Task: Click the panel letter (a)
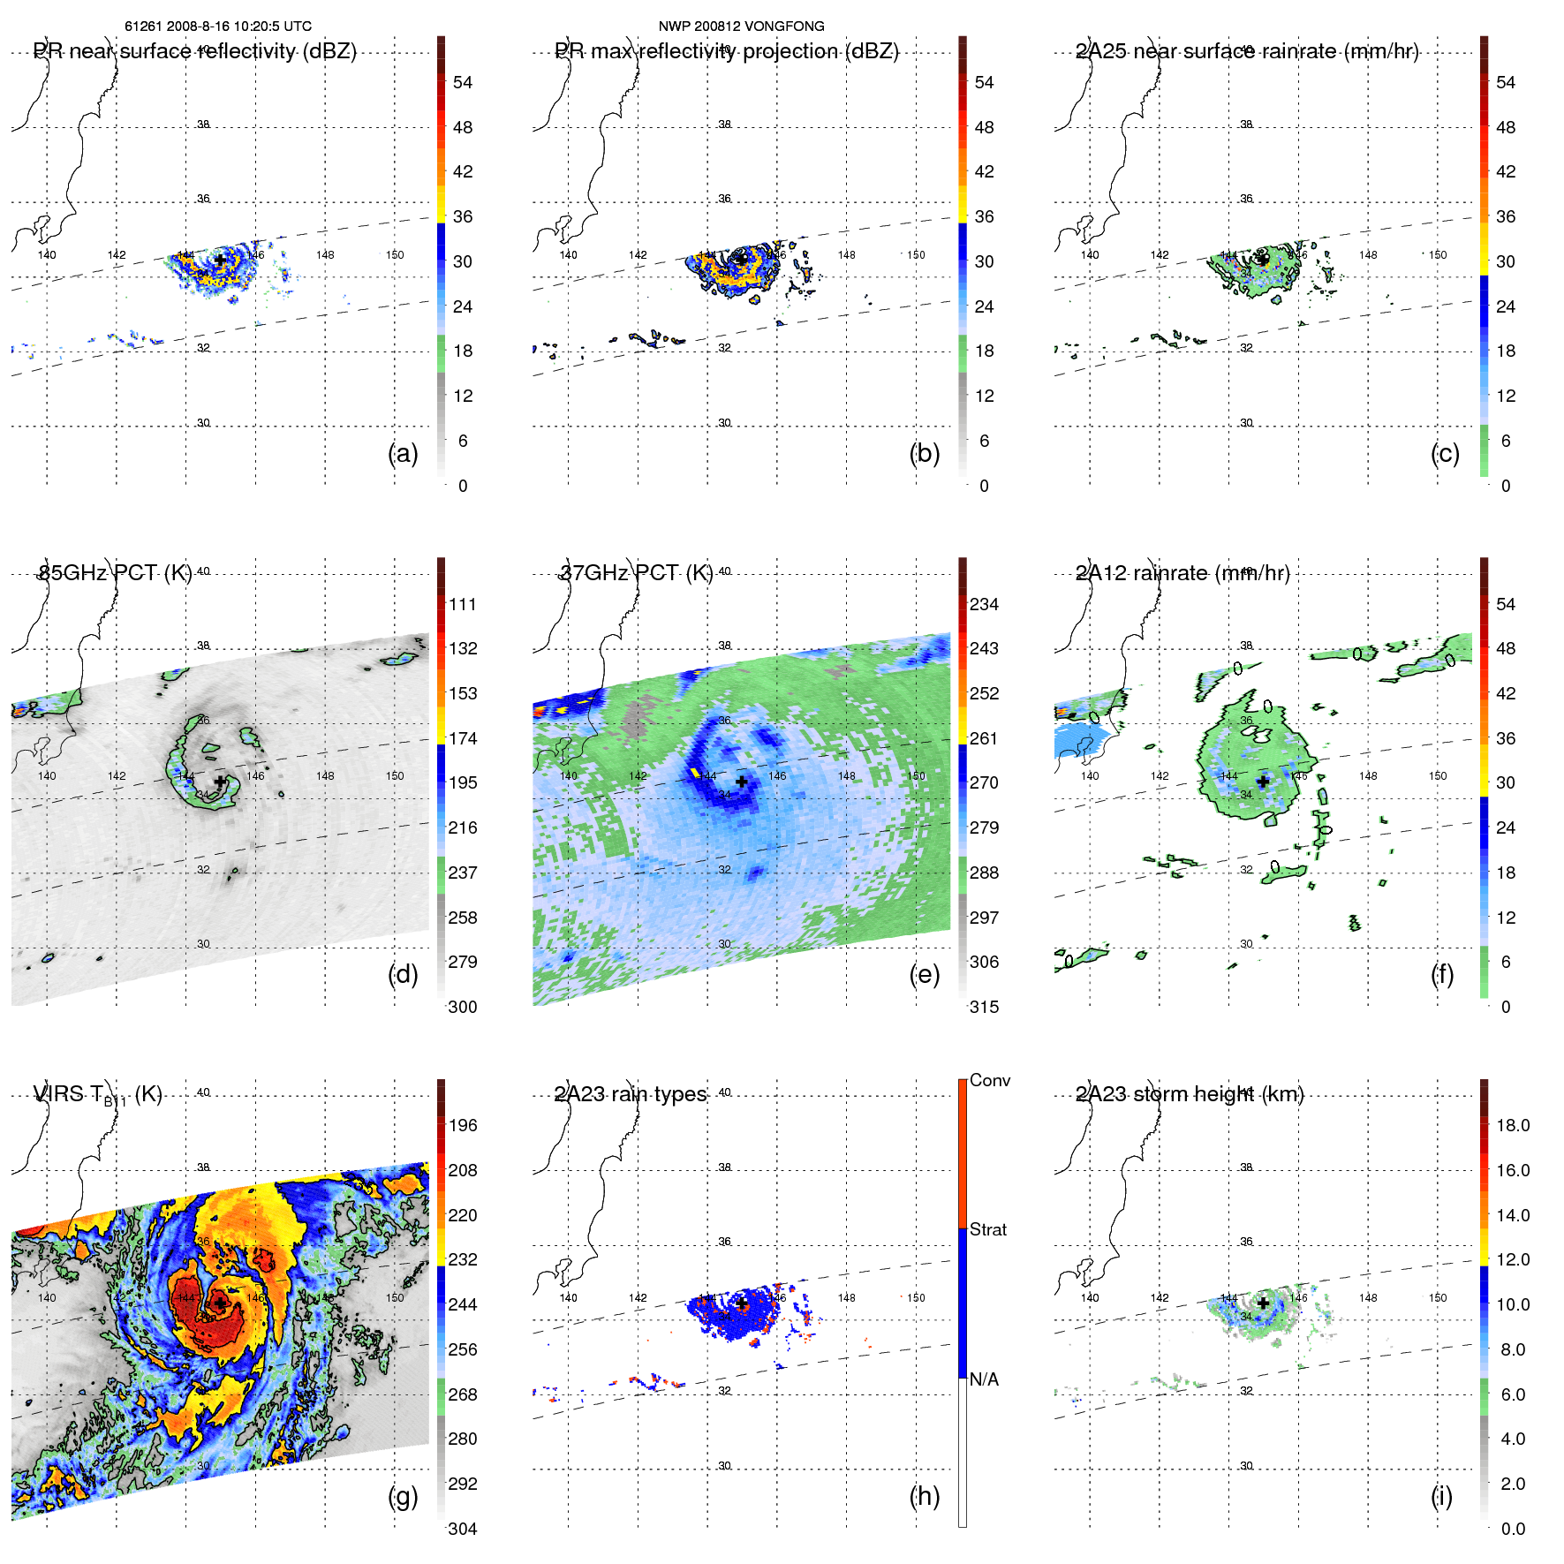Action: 403,454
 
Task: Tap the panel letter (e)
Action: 924,975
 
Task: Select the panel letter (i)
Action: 1441,1496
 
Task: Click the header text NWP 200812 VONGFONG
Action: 741,26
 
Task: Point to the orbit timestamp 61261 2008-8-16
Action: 217,26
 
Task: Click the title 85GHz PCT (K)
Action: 115,573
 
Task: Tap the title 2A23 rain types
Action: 631,1094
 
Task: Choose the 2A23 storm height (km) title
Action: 1190,1094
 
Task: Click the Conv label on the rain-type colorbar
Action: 989,1080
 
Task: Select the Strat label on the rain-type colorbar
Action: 987,1229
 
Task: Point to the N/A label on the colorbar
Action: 984,1379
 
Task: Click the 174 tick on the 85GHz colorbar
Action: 463,738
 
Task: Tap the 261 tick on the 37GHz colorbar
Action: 984,738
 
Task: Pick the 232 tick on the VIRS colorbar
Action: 463,1259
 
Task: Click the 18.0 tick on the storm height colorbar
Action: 1513,1125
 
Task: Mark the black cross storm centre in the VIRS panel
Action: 219,1303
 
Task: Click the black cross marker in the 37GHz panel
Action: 742,782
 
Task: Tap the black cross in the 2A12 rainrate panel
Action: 1263,782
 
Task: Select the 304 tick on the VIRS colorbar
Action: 463,1529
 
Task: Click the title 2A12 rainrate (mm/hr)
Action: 1182,573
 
